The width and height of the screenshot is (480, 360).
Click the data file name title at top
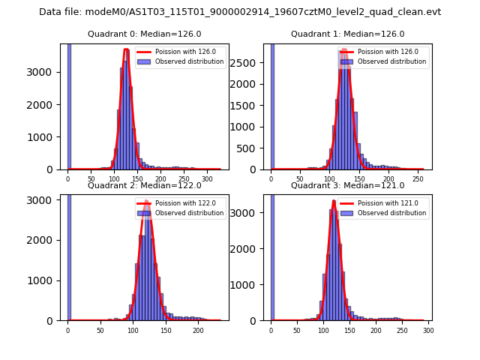pyautogui.click(x=240, y=12)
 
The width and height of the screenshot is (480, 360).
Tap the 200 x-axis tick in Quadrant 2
pyautogui.click(x=198, y=331)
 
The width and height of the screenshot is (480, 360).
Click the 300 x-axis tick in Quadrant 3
pyautogui.click(x=427, y=331)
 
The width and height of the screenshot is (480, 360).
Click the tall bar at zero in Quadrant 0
pyautogui.click(x=68, y=105)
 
